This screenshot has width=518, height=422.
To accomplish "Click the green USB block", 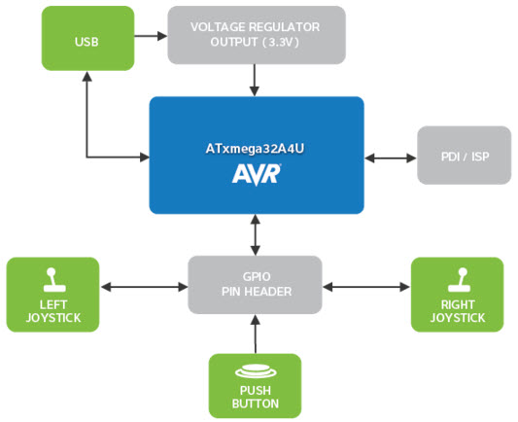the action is coord(87,38).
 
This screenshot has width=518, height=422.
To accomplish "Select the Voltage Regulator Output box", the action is coord(257,35).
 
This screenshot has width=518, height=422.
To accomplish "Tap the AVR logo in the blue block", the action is coord(257,174).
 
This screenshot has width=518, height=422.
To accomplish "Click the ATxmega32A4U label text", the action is coord(255,149).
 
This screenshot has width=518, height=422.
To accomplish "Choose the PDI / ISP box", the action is coord(465,155).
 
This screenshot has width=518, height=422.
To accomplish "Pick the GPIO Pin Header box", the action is coord(255,285).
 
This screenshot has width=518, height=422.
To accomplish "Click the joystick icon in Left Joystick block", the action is coord(54,280).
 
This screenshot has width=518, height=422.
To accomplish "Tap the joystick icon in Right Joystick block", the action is coord(459,280).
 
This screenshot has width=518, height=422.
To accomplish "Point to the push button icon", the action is coord(256,371).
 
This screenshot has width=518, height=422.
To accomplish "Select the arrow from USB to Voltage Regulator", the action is coord(151,36).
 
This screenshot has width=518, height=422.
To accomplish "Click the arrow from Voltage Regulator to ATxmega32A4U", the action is coord(255,80).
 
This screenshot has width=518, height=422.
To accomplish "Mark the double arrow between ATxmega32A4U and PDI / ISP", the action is coord(391,158).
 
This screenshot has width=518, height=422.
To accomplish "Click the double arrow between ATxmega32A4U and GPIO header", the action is coord(255,235).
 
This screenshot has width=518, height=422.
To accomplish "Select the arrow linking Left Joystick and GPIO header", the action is coord(144,287).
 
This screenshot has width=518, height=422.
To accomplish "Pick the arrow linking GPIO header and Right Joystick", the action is coord(366,287).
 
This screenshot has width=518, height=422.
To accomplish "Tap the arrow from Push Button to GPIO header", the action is coord(255,334).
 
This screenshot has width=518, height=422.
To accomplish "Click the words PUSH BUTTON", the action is coord(256,397).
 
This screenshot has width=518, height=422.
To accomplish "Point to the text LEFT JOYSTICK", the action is coord(53,311).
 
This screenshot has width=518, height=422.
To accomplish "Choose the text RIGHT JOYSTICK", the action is coord(458,311).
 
